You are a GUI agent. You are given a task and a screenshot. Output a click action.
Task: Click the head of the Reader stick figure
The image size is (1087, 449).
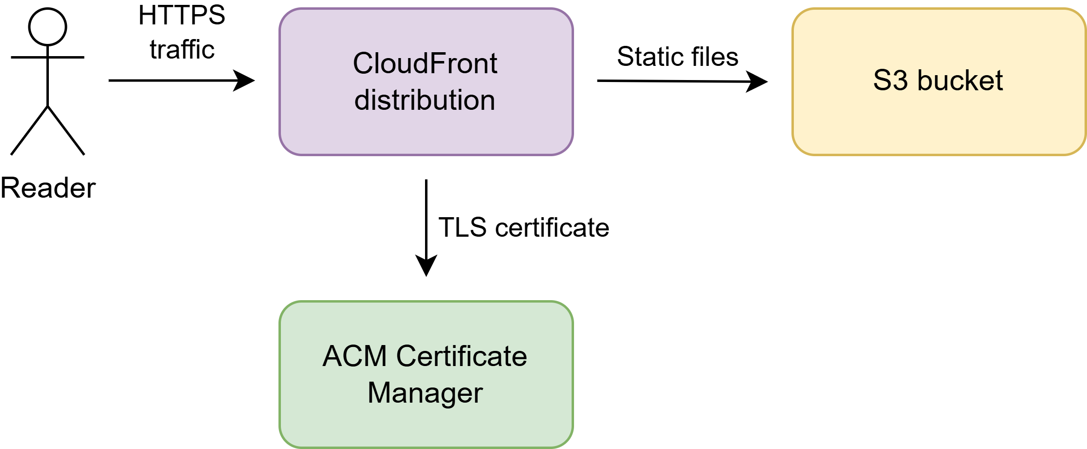(47, 27)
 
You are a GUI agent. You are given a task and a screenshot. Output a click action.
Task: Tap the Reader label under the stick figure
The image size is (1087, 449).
(48, 188)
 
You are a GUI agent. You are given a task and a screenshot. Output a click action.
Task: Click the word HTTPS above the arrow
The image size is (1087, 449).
(182, 16)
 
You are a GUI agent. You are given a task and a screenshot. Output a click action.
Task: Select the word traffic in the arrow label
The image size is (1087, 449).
(182, 50)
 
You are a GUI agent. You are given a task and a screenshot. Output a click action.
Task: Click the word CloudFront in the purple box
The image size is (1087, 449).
(425, 63)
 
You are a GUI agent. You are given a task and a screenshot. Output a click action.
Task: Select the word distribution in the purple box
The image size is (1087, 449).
(425, 100)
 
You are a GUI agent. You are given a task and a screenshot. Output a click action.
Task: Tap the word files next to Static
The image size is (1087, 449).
(714, 57)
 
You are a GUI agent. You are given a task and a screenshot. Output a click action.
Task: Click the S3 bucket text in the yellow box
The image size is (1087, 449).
(938, 81)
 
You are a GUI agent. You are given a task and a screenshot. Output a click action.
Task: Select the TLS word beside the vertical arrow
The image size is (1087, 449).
(462, 227)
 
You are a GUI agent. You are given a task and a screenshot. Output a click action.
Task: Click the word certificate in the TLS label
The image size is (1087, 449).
(552, 227)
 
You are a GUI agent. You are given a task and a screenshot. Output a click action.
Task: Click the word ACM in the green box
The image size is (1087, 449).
(355, 356)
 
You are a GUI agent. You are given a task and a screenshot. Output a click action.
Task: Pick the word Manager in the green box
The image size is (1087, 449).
(425, 393)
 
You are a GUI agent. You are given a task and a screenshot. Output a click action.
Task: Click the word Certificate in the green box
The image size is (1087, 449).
(462, 356)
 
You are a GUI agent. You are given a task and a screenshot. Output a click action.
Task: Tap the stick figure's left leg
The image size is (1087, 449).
(29, 131)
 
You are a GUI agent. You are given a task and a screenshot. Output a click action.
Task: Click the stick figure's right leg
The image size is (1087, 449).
(66, 131)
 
